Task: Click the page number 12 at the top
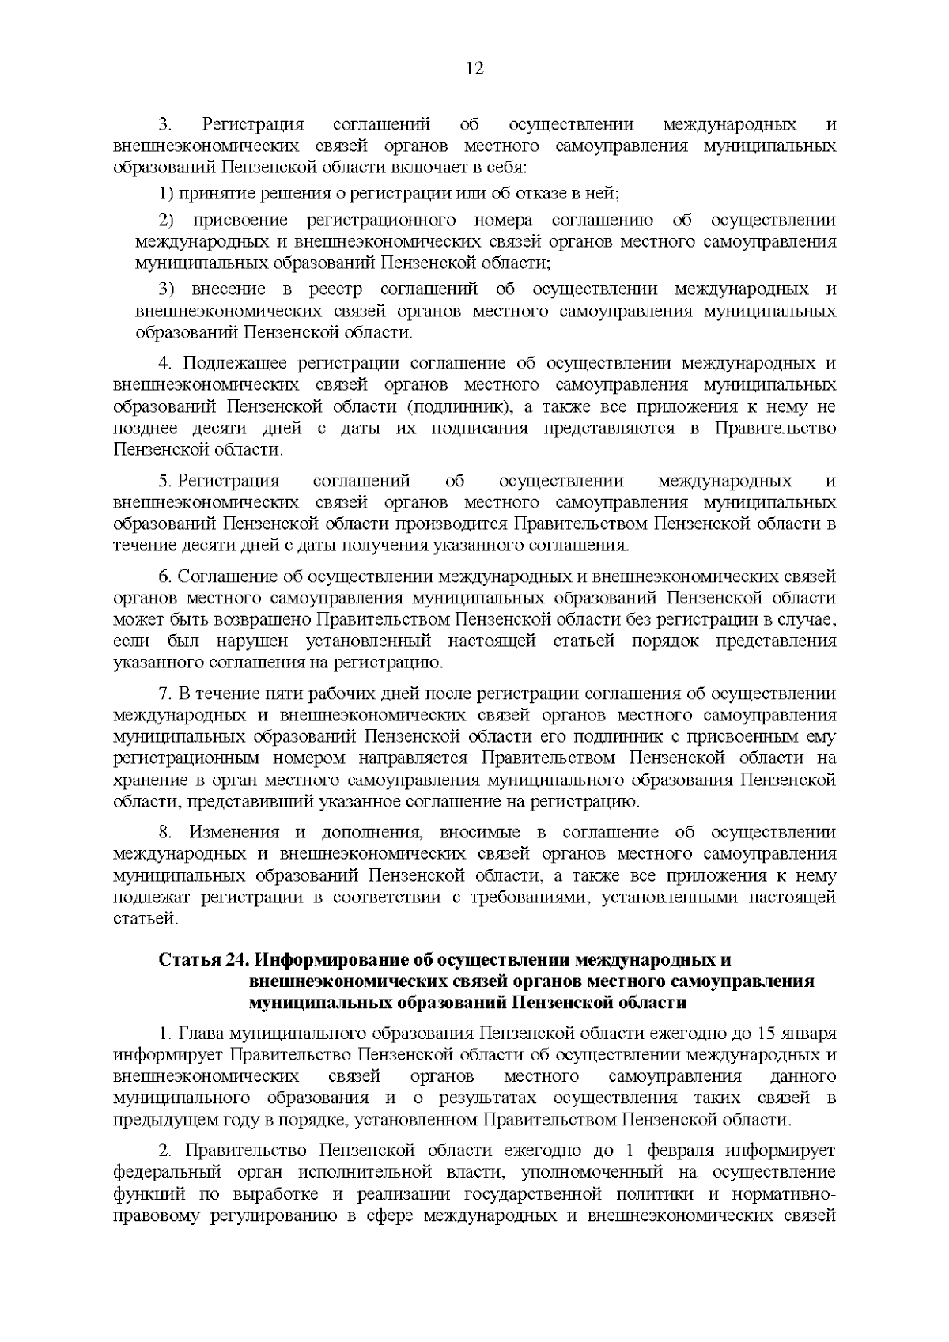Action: (475, 68)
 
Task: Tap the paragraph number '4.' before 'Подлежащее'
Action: (165, 364)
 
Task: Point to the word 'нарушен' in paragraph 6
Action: (255, 641)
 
